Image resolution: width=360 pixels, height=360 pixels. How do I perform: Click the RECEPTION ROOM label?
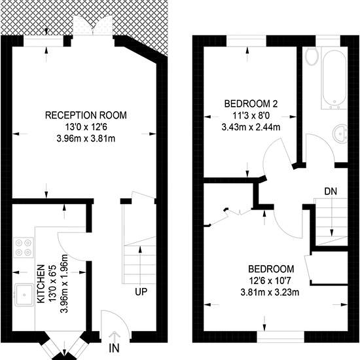point(86,115)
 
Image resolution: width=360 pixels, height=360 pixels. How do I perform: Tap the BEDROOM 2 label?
point(251,104)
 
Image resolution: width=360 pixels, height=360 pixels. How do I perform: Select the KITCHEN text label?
point(41,284)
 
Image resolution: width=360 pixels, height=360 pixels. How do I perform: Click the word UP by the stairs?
point(141,291)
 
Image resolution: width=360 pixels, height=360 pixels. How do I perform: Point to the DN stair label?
point(331,191)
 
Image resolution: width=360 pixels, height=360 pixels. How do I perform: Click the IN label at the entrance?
point(114,348)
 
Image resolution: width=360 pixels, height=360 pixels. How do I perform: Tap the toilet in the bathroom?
point(312,56)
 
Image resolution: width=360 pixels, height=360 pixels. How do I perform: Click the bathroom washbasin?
point(340,134)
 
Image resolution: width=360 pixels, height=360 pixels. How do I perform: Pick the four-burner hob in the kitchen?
point(24,247)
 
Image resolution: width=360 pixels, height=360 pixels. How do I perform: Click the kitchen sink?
point(24,295)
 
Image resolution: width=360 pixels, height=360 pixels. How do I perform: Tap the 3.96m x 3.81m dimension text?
point(86,139)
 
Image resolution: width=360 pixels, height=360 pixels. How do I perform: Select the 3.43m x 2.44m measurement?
point(251,127)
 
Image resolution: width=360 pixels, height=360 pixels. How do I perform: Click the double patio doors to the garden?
point(93,26)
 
